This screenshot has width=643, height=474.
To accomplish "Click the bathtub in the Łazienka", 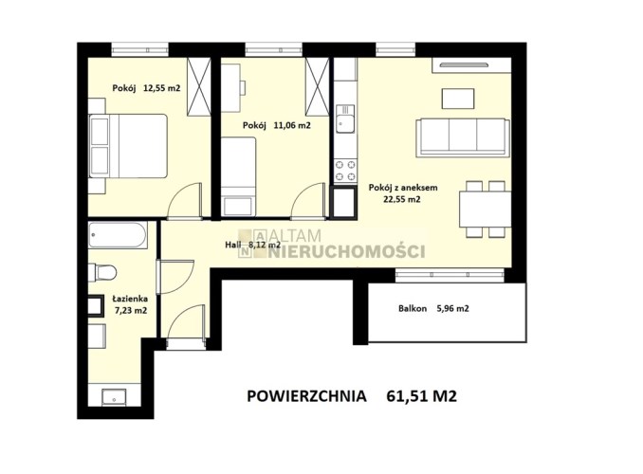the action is pyautogui.click(x=118, y=235).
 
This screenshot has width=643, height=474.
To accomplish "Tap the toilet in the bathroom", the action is pyautogui.click(x=102, y=272).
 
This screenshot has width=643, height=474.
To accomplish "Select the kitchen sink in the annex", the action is pyautogui.click(x=345, y=118).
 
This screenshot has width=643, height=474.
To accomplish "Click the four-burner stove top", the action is pyautogui.click(x=345, y=171).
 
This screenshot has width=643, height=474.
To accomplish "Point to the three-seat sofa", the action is pyautogui.click(x=463, y=137).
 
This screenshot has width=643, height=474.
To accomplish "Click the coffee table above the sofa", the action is pyautogui.click(x=458, y=99).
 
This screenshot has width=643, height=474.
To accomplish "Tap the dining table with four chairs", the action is pyautogui.click(x=486, y=210).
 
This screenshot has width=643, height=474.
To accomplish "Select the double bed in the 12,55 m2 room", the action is pyautogui.click(x=128, y=146).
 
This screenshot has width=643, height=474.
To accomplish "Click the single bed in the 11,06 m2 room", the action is pyautogui.click(x=239, y=176).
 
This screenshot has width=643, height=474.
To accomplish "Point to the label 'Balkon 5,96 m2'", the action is pyautogui.click(x=433, y=308).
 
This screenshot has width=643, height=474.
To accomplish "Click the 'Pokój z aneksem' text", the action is pyautogui.click(x=403, y=188).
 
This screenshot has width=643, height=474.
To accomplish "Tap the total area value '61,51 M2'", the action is pyautogui.click(x=421, y=396).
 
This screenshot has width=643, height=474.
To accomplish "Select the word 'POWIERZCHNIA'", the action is pyautogui.click(x=306, y=396).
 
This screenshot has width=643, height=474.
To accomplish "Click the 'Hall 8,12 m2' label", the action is pyautogui.click(x=252, y=246).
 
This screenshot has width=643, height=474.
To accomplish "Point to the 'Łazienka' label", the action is pyautogui.click(x=131, y=299).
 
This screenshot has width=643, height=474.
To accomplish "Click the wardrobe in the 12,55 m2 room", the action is pyautogui.click(x=199, y=86).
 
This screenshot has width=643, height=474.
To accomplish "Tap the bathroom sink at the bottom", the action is pyautogui.click(x=115, y=397).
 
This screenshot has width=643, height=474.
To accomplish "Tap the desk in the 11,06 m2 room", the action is pyautogui.click(x=230, y=84).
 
